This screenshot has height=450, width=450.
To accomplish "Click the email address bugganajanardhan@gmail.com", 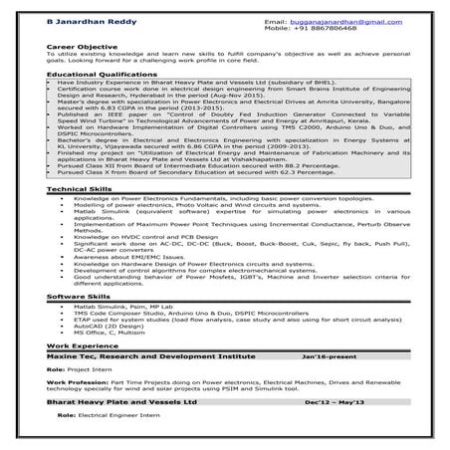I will (358, 20).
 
